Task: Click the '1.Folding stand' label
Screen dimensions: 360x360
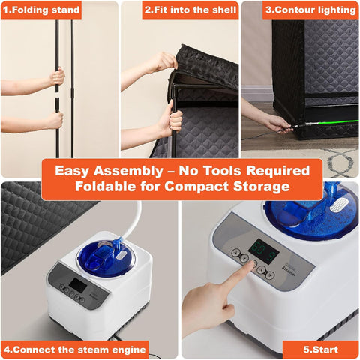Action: point(41,10)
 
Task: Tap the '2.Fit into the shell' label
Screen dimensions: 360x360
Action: point(190,10)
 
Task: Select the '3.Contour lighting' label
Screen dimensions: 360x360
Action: point(310,10)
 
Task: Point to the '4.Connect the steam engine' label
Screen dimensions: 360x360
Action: point(75,349)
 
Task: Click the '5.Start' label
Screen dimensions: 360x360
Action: point(321,349)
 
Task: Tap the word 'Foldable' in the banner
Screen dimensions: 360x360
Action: point(106,187)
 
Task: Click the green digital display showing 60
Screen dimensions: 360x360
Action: point(264,250)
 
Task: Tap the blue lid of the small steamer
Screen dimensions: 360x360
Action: point(106,257)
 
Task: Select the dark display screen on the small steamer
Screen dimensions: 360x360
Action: point(78,286)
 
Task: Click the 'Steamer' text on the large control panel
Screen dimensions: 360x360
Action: point(289,271)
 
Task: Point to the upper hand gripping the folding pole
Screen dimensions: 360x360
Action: point(58,76)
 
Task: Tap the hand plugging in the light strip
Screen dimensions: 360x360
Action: point(277,124)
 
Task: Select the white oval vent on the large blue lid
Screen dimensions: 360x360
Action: point(339,205)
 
